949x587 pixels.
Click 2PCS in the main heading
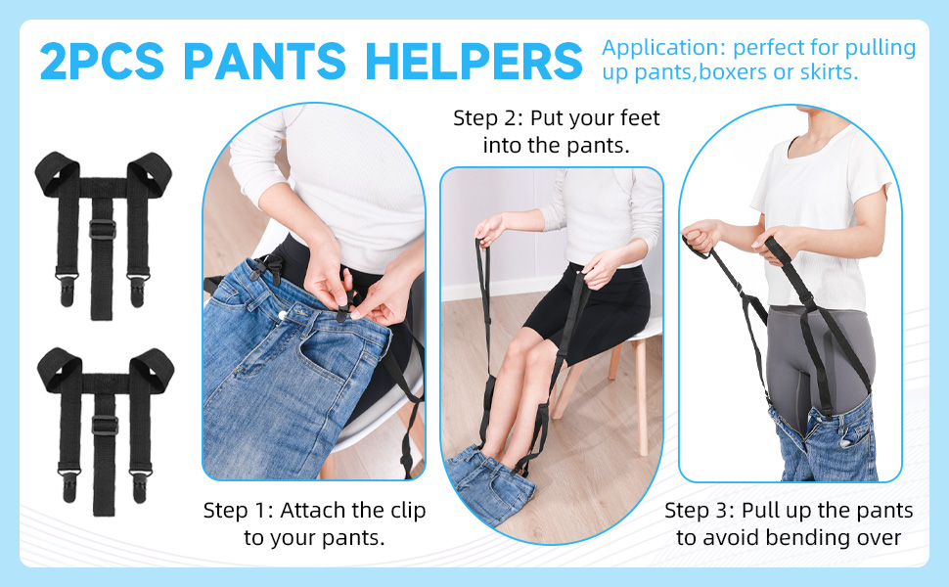103,61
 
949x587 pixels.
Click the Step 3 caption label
700,511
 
